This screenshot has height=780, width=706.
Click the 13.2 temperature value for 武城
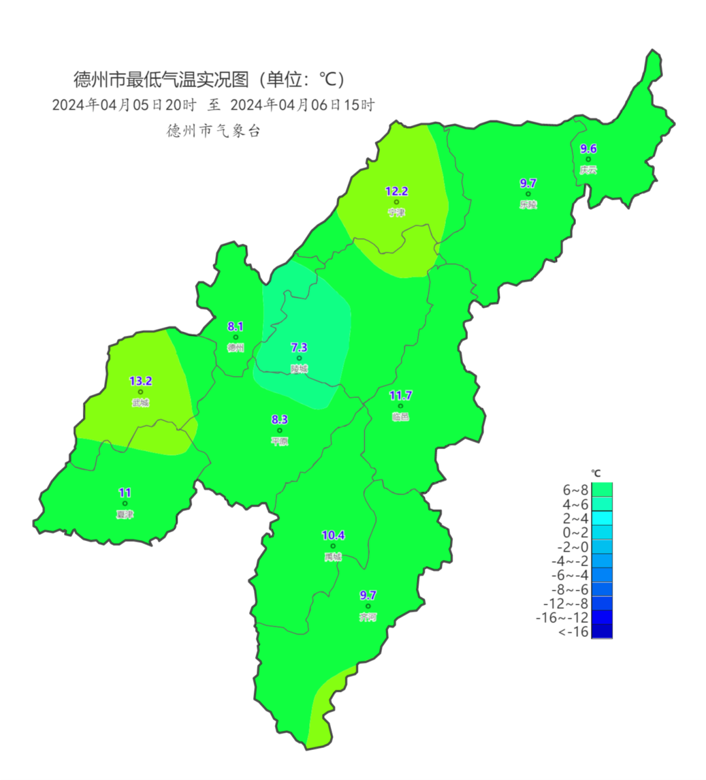click(141, 381)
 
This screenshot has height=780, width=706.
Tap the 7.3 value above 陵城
click(299, 348)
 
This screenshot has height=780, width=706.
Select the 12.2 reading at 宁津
click(396, 192)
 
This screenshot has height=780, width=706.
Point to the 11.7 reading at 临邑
click(401, 396)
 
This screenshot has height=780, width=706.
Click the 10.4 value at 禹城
click(333, 535)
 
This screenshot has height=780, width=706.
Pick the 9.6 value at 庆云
click(588, 149)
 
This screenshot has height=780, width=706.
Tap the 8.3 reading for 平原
click(280, 420)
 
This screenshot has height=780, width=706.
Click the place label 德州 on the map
click(235, 348)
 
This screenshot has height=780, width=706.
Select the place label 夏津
click(124, 515)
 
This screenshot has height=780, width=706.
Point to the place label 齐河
click(368, 617)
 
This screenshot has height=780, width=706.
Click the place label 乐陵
click(528, 205)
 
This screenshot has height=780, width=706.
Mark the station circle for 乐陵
click(528, 194)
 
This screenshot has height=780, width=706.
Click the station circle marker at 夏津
click(125, 503)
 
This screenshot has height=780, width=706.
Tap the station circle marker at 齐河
click(368, 606)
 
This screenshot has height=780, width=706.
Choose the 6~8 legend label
click(575, 490)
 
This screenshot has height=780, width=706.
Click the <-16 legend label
click(574, 632)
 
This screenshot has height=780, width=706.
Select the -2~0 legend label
click(573, 547)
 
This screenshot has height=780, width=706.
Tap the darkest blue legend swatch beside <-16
click(601, 632)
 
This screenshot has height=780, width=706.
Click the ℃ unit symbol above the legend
click(596, 473)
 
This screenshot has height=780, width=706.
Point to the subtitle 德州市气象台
click(214, 131)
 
